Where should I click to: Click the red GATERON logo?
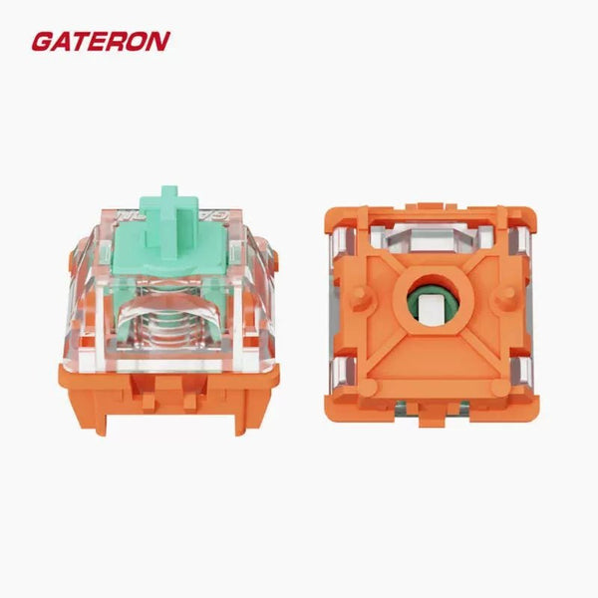coord(100,41)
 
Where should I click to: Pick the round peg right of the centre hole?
coord(502,297)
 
